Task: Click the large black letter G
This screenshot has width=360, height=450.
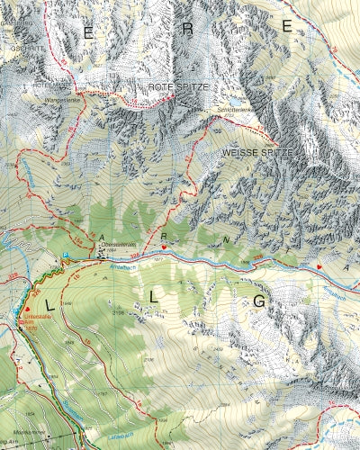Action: (258, 301)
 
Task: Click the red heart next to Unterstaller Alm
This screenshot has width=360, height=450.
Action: (14, 310)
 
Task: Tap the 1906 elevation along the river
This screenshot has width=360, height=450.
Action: (245, 262)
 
